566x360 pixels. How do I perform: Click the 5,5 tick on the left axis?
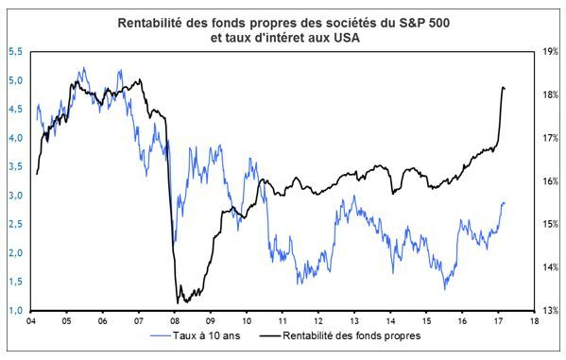pyautogui.click(x=16, y=52)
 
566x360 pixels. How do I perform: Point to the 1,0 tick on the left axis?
pyautogui.click(x=16, y=310)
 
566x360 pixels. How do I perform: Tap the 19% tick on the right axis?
pyautogui.click(x=548, y=52)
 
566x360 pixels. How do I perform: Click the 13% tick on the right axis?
pyautogui.click(x=548, y=310)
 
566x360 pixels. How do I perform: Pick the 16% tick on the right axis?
pyautogui.click(x=548, y=181)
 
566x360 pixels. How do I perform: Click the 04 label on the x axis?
pyautogui.click(x=31, y=321)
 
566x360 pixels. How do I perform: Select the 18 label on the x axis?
pyautogui.click(x=535, y=321)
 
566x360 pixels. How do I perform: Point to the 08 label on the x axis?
pyautogui.click(x=175, y=321)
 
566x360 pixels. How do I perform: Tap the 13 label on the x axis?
pyautogui.click(x=354, y=321)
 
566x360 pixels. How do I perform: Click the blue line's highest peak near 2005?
pyautogui.click(x=84, y=68)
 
